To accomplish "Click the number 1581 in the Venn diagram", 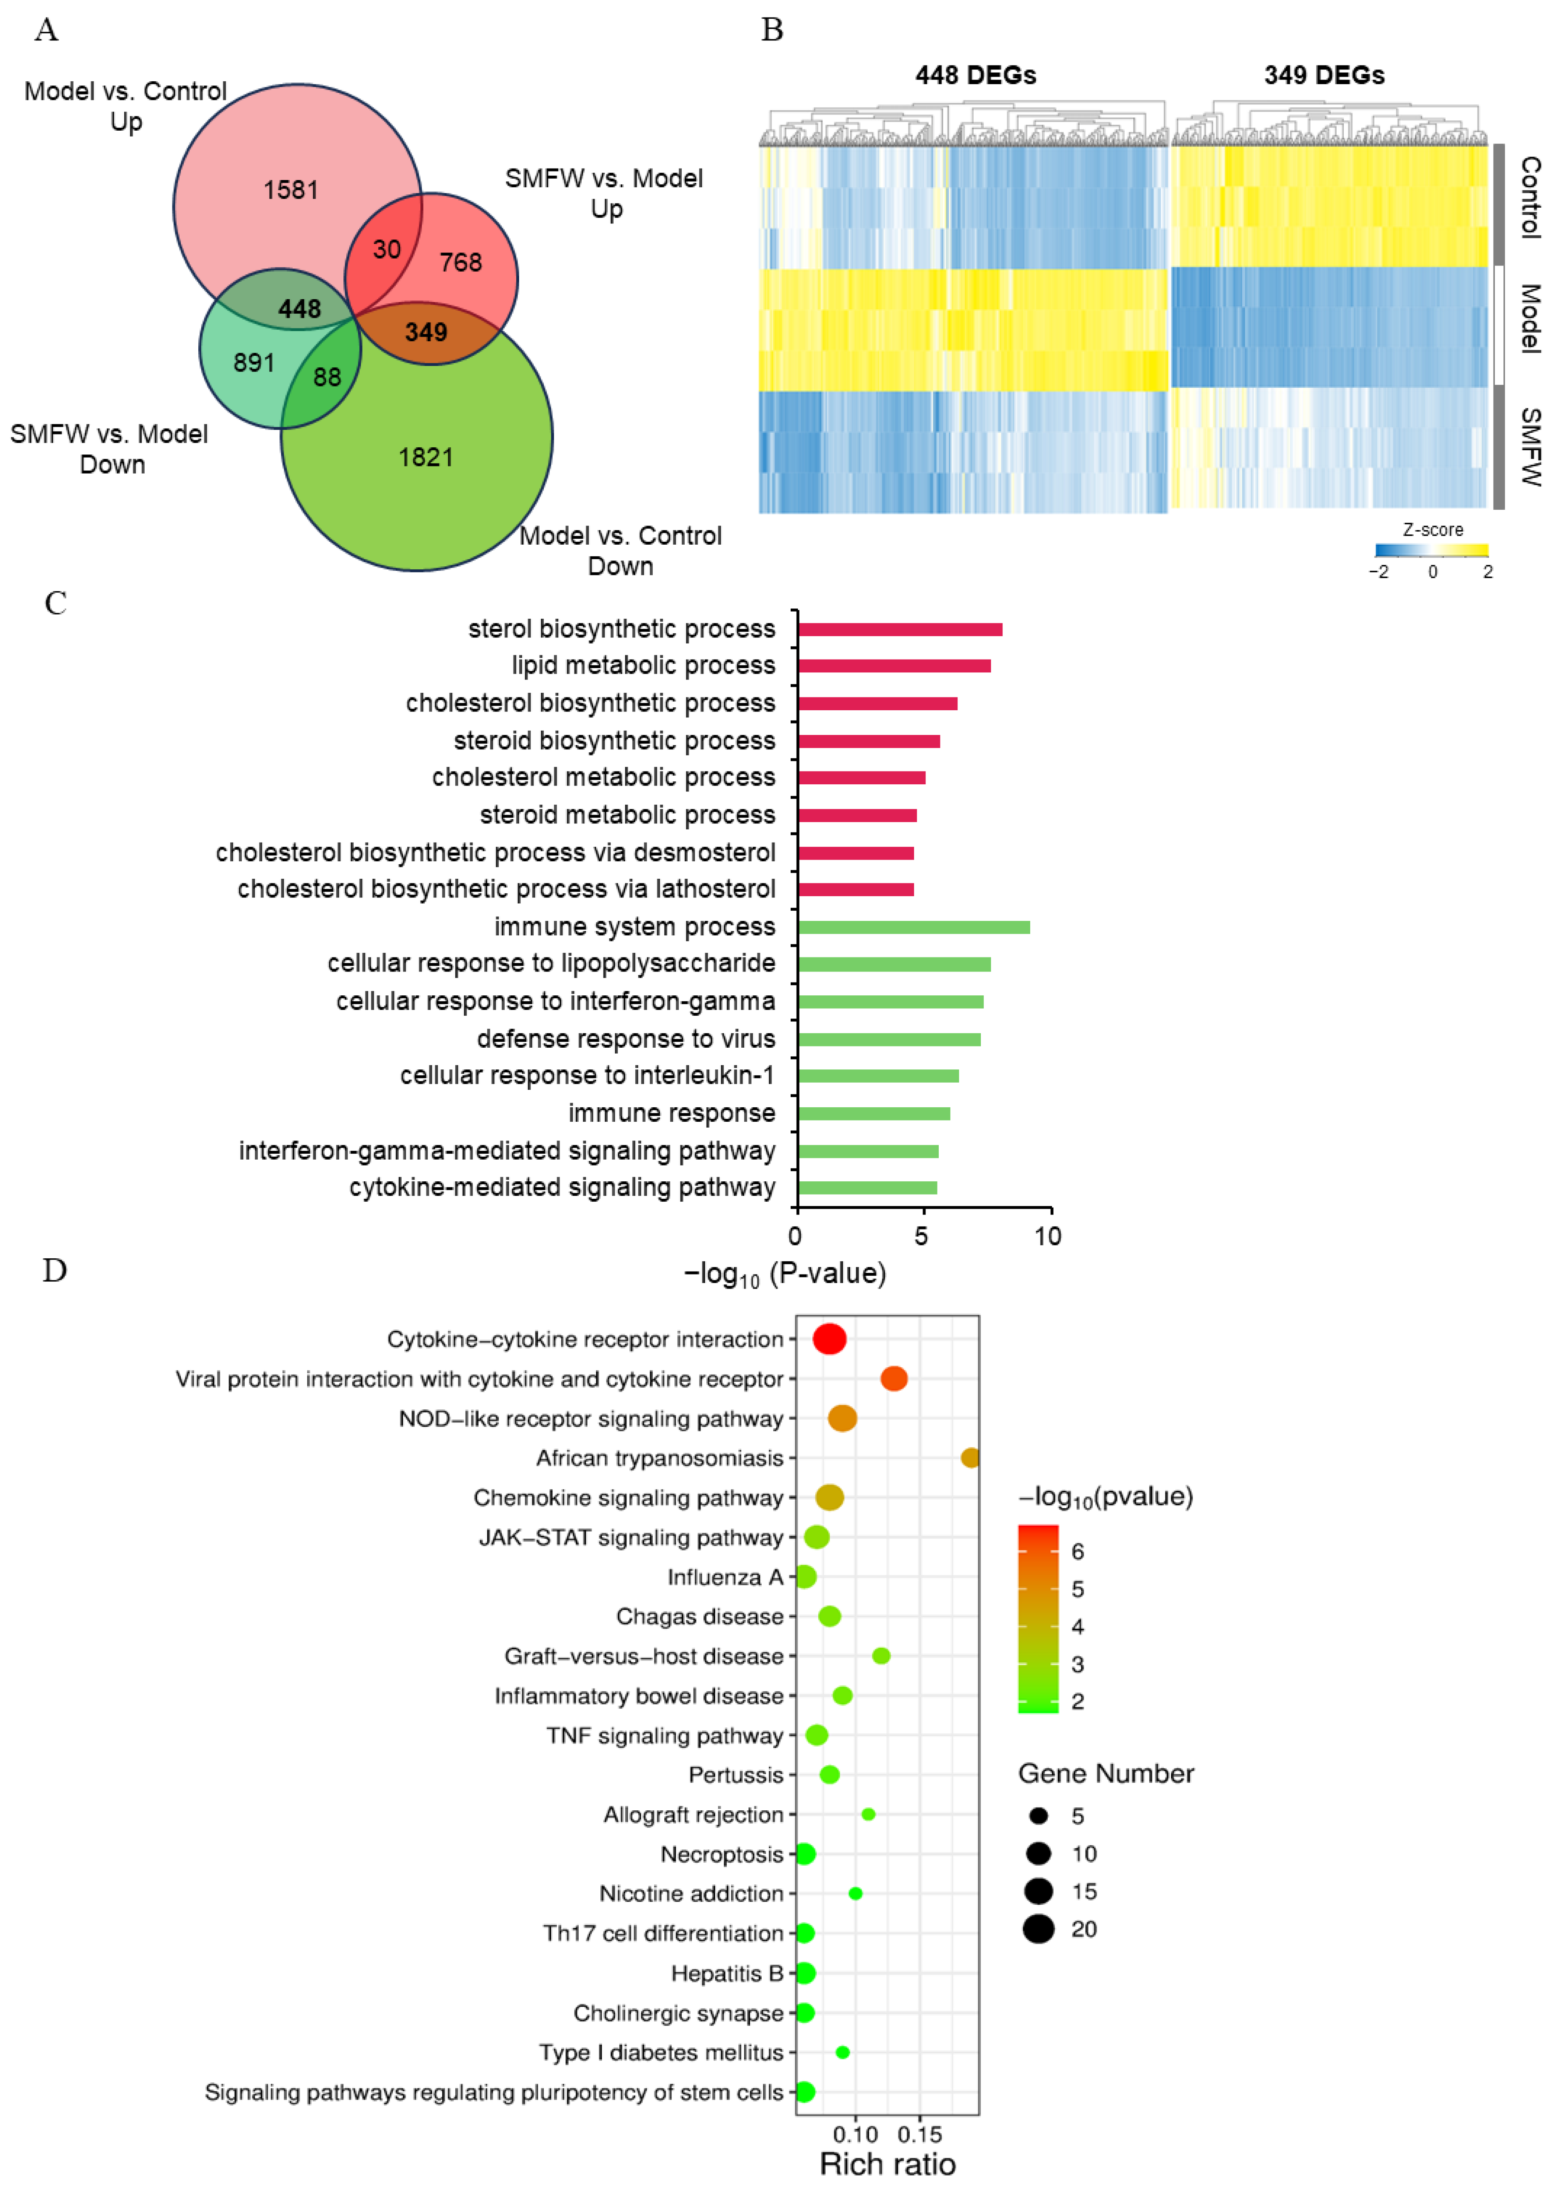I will pyautogui.click(x=291, y=190).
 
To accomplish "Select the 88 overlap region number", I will pyautogui.click(x=327, y=377).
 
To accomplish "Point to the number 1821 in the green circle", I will pyautogui.click(x=426, y=457).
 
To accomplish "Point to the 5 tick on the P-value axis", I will pyautogui.click(x=921, y=1236).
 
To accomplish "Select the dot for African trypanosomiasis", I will pyautogui.click(x=970, y=1458).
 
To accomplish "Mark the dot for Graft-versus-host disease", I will pyautogui.click(x=881, y=1656).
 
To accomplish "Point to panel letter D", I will pyautogui.click(x=55, y=1271).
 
